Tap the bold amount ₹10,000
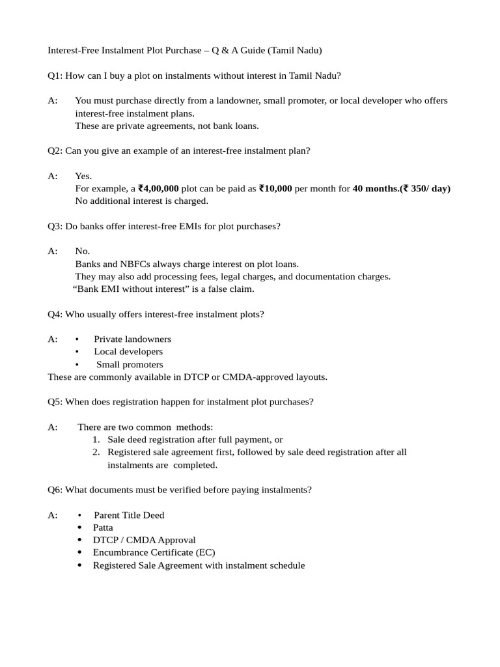[x=275, y=189]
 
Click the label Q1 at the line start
[x=55, y=76]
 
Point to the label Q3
[x=55, y=226]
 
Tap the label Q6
[x=55, y=490]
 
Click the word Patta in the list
[x=103, y=528]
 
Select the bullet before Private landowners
[x=77, y=339]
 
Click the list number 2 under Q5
[x=96, y=452]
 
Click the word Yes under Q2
[x=83, y=177]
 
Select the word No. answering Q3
[x=82, y=251]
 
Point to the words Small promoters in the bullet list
[x=130, y=365]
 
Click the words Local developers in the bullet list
[x=128, y=352]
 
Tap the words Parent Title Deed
[x=129, y=515]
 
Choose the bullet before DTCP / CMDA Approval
[x=79, y=541]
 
